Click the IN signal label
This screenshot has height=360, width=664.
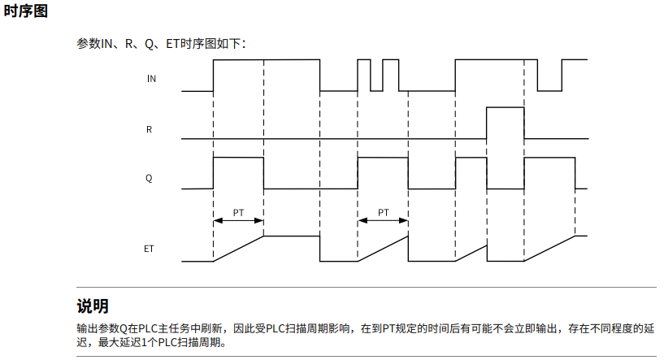(151, 79)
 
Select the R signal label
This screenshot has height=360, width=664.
(150, 128)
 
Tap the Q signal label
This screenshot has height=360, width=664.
(150, 177)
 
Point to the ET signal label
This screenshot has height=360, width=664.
(150, 247)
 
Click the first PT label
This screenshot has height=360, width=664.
(238, 212)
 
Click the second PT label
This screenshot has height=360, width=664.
(383, 212)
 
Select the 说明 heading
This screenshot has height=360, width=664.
(93, 306)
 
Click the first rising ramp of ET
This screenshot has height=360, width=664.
(238, 249)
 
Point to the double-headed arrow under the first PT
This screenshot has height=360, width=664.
(238, 220)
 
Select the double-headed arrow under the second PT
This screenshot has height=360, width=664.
(383, 220)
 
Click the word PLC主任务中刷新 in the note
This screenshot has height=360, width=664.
(180, 328)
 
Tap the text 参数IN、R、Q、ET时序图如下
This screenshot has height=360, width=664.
(160, 42)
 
